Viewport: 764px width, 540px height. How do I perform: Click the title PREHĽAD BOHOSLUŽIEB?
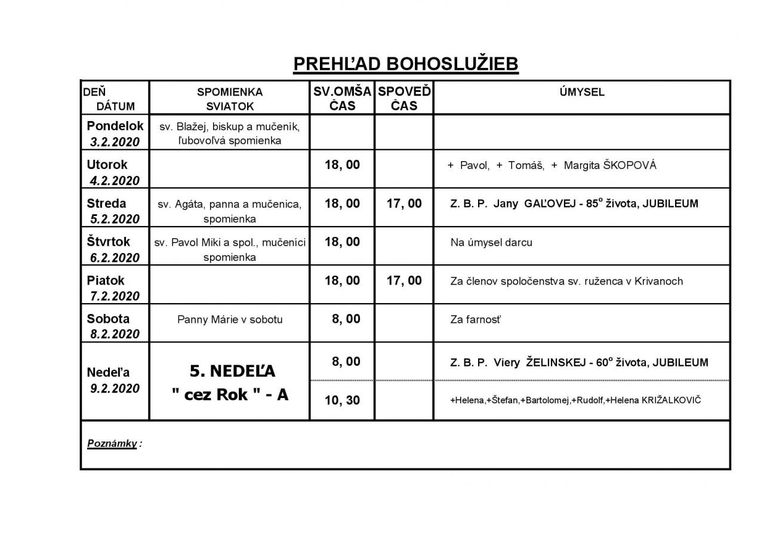click(405, 64)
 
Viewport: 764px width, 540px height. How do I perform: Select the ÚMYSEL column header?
click(581, 92)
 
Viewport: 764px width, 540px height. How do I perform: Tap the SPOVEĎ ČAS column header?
click(404, 98)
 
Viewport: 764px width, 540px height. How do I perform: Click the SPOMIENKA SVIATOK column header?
click(230, 99)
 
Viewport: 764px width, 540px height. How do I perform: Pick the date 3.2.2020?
click(115, 142)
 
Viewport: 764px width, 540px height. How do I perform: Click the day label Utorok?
click(107, 165)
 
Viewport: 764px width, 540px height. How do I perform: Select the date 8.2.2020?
click(115, 334)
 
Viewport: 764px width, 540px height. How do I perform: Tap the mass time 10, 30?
click(342, 400)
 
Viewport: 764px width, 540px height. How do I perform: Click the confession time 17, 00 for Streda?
click(404, 203)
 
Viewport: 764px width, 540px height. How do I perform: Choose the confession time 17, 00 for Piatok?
click(404, 280)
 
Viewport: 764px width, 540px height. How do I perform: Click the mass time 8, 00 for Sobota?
click(346, 319)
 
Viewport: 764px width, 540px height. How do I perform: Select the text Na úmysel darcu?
click(491, 243)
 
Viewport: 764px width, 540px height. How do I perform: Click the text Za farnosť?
click(475, 320)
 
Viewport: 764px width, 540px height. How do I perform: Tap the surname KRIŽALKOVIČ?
click(671, 400)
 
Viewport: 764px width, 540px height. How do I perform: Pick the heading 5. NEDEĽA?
click(232, 371)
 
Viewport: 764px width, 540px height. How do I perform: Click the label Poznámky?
click(112, 443)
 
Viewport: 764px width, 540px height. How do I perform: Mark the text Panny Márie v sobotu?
click(230, 319)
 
